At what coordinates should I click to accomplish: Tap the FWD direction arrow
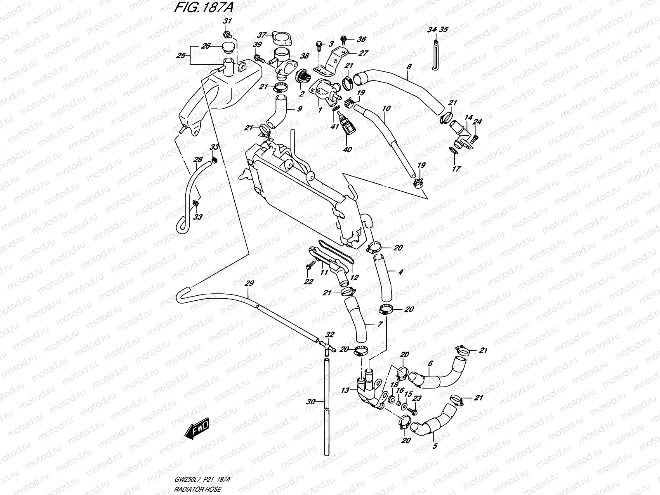(x=197, y=429)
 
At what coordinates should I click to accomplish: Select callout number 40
(x=347, y=149)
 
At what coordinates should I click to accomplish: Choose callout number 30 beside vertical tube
(x=311, y=401)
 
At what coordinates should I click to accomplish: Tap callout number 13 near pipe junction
(x=345, y=390)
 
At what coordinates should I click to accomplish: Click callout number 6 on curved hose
(x=430, y=363)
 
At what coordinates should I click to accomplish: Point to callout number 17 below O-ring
(x=456, y=169)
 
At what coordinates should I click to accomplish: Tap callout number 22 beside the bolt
(x=308, y=282)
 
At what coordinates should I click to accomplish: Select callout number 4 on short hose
(x=400, y=272)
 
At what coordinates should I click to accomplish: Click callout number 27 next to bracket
(x=363, y=53)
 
